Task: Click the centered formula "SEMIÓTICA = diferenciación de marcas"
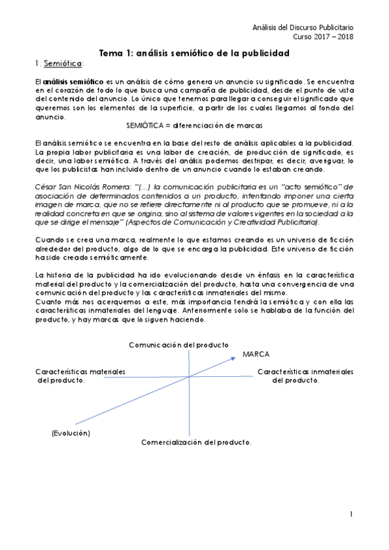tap(193, 126)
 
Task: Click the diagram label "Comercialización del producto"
tap(196, 442)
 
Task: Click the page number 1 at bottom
tap(350, 514)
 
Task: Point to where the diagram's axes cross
tap(188, 376)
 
